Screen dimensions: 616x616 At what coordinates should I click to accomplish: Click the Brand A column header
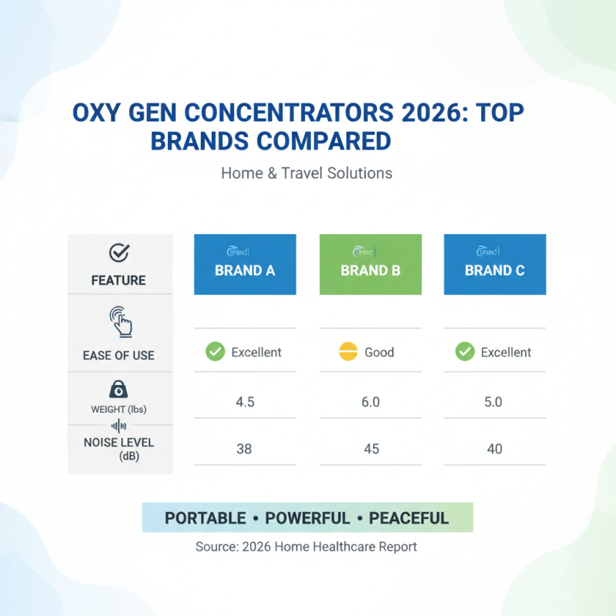tap(245, 264)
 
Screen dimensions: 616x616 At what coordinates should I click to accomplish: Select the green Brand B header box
tap(370, 264)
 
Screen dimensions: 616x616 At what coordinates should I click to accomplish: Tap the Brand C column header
tap(495, 264)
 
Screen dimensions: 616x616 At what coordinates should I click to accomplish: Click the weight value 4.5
tap(244, 401)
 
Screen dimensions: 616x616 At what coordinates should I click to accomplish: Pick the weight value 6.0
tap(370, 401)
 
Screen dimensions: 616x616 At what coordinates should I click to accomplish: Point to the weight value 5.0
tap(495, 401)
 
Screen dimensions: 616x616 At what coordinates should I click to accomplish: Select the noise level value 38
tap(244, 448)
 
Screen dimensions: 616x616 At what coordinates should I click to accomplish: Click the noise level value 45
tap(370, 448)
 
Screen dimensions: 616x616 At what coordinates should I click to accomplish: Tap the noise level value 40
tap(495, 448)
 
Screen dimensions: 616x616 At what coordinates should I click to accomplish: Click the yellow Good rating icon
tap(349, 353)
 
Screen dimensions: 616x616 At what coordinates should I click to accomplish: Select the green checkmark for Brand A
tap(215, 353)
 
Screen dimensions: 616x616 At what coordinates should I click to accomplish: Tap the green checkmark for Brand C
tap(464, 353)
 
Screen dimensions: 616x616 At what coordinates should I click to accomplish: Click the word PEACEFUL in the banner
tap(408, 518)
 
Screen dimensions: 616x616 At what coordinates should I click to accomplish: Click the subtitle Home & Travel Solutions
tap(306, 173)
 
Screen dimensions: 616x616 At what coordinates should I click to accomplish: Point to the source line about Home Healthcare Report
tap(306, 547)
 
